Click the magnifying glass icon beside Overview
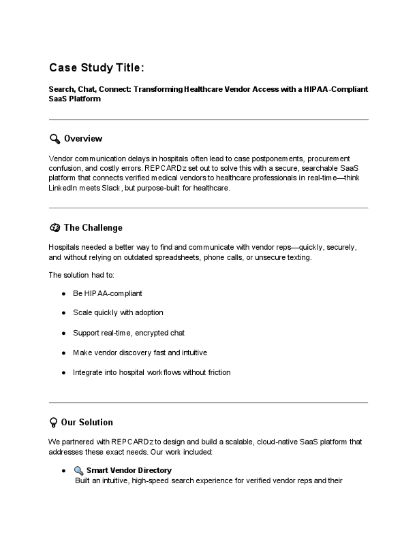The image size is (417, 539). tap(55, 139)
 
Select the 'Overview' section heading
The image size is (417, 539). tap(83, 139)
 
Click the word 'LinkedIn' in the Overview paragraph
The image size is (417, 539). tap(63, 188)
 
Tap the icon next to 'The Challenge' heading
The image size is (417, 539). tap(55, 227)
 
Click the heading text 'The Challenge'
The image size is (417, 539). tap(93, 227)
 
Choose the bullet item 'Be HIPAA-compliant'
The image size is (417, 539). tap(108, 293)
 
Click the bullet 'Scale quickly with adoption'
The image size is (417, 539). tap(118, 312)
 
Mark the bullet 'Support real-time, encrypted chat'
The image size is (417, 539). tap(129, 333)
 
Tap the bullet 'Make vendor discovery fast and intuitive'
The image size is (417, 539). tap(140, 353)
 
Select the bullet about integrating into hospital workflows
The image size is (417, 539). tap(151, 372)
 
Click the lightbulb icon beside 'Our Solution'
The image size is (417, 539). tap(53, 422)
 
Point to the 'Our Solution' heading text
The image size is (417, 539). tap(87, 422)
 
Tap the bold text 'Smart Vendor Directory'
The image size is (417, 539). tap(129, 470)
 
